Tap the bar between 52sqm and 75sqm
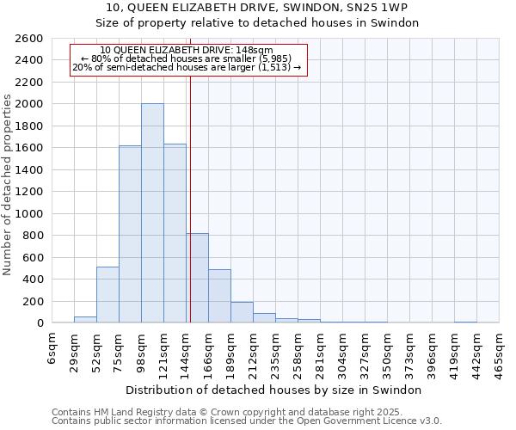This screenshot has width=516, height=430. click(107, 295)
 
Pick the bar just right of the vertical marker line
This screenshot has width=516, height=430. click(197, 278)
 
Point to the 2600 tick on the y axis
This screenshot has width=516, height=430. click(29, 39)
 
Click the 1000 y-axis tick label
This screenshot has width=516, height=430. click(29, 214)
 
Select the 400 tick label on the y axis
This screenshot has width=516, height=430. click(33, 279)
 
